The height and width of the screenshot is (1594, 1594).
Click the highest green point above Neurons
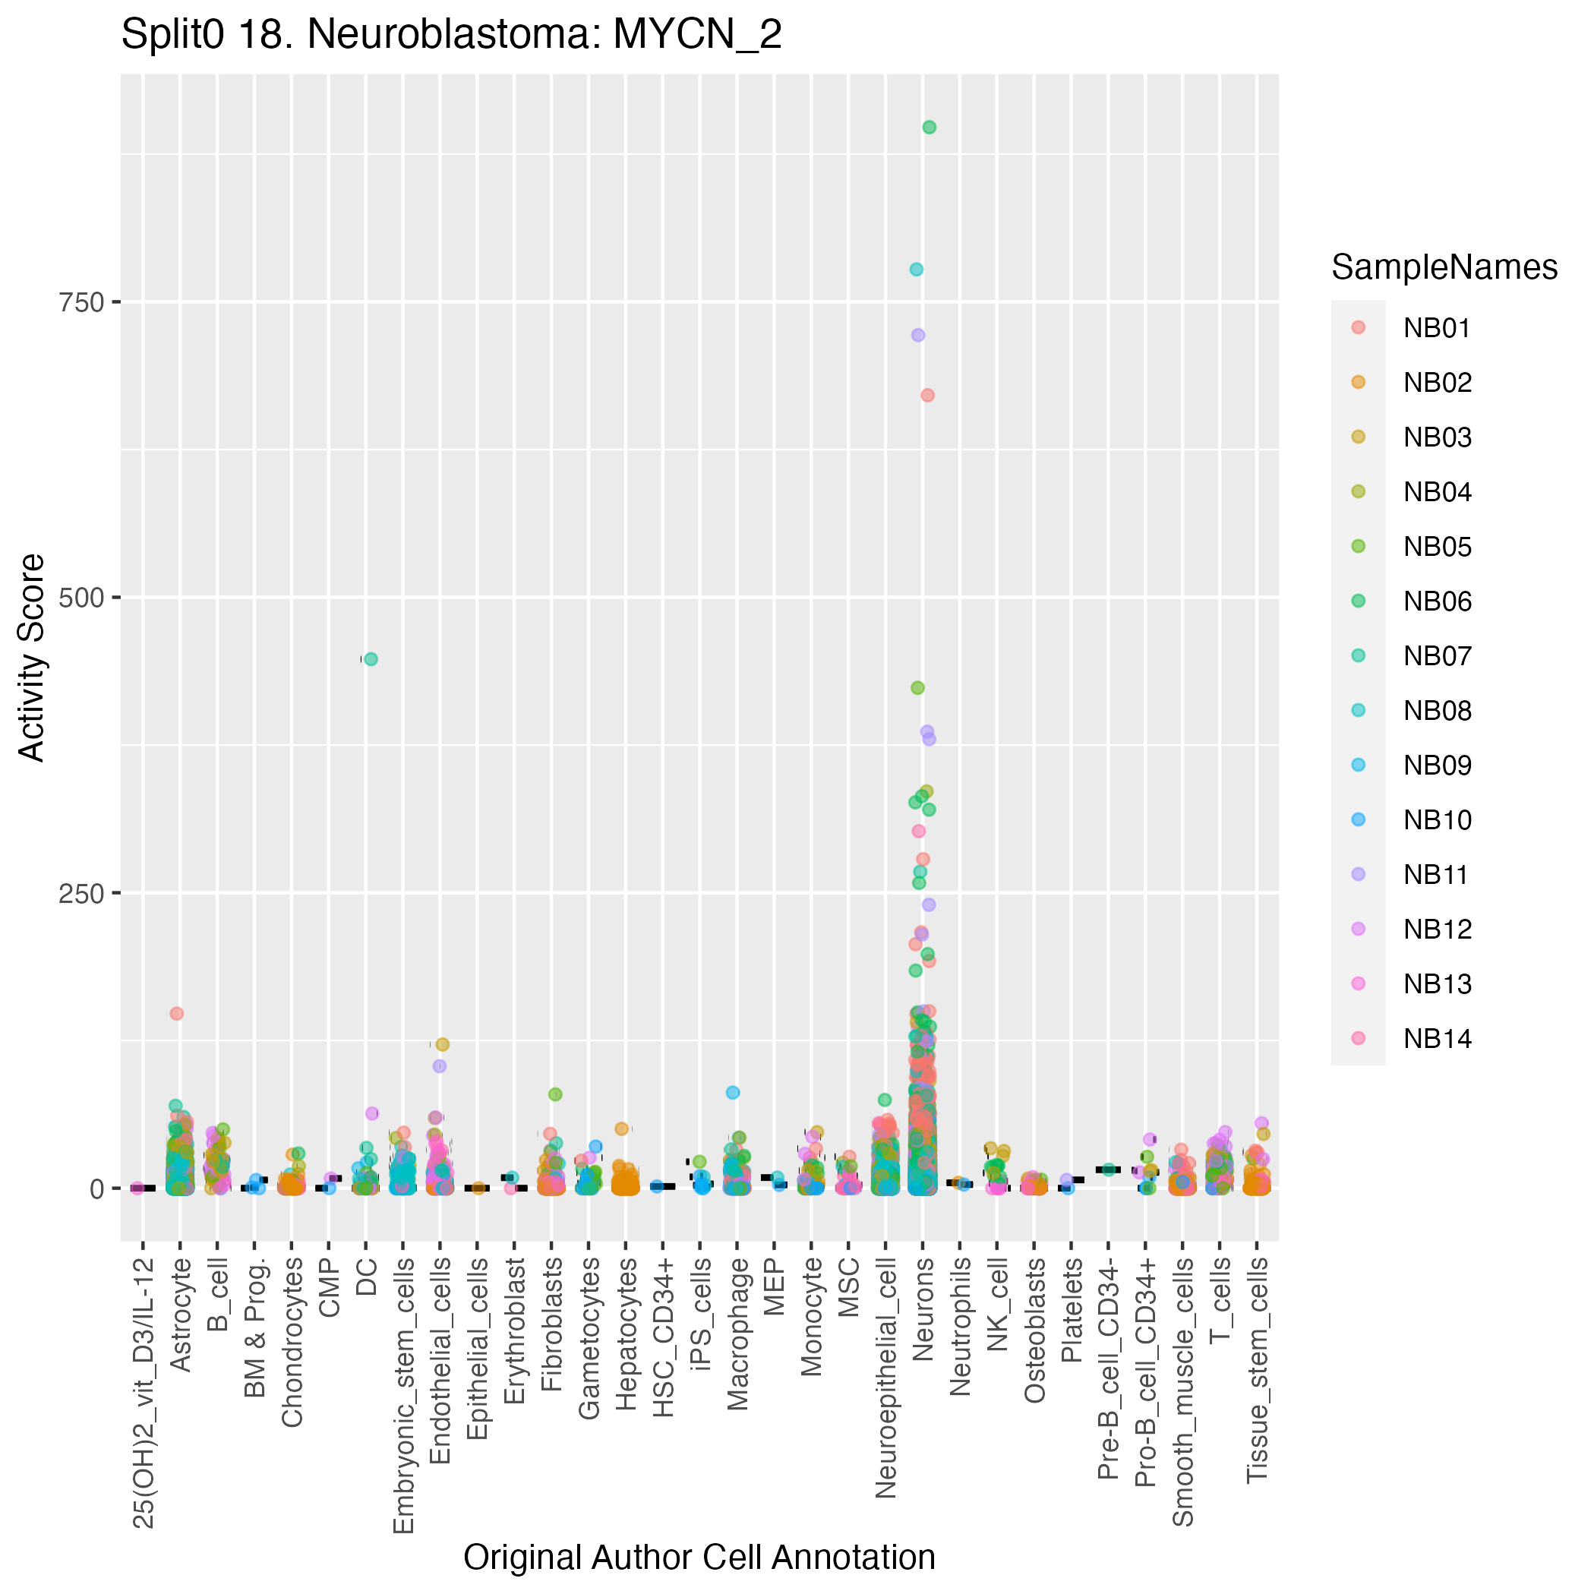tap(929, 127)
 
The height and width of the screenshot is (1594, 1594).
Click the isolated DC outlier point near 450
tap(371, 659)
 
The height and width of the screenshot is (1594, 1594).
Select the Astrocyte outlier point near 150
tap(176, 1014)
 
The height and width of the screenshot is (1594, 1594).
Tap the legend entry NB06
tap(1438, 601)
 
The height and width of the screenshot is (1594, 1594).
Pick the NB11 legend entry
tap(1435, 875)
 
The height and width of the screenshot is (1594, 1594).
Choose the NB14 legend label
tap(1438, 1039)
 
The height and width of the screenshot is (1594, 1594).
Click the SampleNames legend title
tap(1444, 267)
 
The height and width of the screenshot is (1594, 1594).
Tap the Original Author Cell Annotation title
tap(699, 1558)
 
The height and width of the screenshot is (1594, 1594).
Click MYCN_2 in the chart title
tap(697, 36)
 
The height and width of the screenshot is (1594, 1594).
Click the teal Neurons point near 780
tap(916, 270)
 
